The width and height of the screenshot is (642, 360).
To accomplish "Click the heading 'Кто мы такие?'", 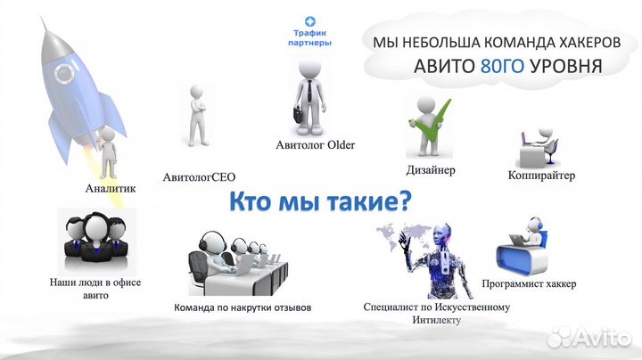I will tap(320, 201).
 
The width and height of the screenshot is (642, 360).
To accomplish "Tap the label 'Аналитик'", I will tap(110, 188).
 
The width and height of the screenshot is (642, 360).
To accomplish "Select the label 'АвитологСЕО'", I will tap(205, 176).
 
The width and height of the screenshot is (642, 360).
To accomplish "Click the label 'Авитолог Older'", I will tap(315, 144).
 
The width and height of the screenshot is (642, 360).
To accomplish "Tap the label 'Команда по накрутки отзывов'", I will tap(243, 308).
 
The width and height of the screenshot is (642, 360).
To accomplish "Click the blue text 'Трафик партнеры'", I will tap(310, 37).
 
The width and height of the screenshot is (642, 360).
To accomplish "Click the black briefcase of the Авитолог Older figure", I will tap(297, 115).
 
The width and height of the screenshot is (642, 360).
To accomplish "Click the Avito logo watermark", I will tap(590, 337).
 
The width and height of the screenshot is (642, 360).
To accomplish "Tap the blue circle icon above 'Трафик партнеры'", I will tap(310, 20).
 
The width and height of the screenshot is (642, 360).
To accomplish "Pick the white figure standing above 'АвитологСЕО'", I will tap(197, 116).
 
